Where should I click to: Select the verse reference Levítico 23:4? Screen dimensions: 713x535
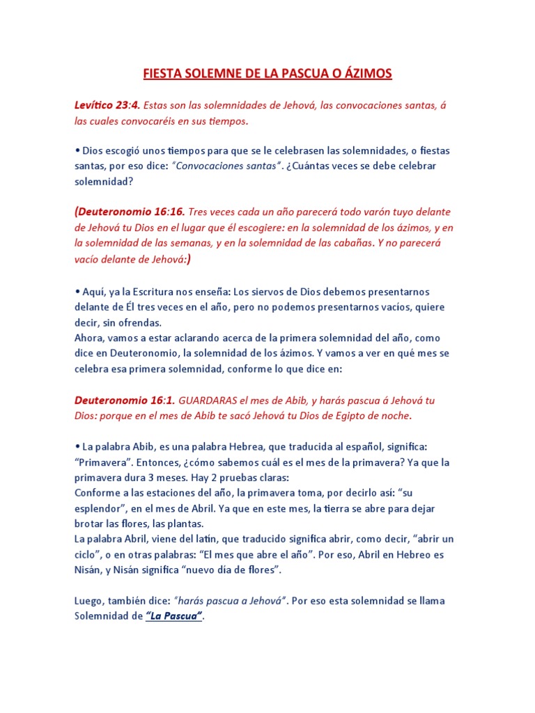tap(108, 105)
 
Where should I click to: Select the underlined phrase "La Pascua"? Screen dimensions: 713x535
tap(174, 616)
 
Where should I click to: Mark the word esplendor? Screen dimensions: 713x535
tap(98, 509)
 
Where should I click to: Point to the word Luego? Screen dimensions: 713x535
tap(88, 601)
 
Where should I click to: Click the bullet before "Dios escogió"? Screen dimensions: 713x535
tap(77, 150)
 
